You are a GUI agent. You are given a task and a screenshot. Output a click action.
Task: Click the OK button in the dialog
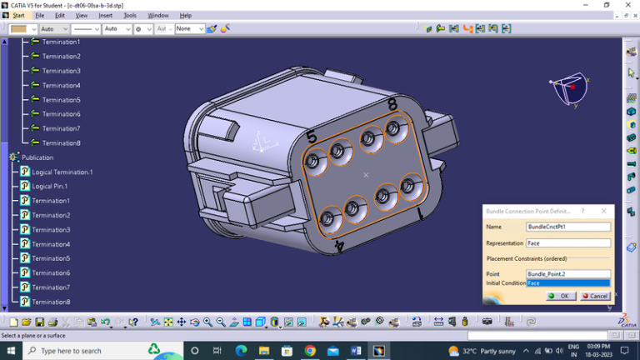559,296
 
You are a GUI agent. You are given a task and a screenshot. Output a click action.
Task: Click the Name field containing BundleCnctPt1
568,227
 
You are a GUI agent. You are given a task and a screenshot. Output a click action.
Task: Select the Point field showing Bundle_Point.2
568,273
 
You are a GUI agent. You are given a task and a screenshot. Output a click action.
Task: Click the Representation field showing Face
568,243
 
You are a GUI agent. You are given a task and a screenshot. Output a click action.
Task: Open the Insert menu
105,15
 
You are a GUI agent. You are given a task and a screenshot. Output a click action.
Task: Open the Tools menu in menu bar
129,15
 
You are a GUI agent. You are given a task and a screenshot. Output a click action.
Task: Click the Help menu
185,15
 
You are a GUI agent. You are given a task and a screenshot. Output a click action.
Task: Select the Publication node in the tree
37,157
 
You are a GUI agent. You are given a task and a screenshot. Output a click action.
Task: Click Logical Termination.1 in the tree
62,172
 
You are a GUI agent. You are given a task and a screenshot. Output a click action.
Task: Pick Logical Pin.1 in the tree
50,186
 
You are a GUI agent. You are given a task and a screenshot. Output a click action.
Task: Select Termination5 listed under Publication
51,258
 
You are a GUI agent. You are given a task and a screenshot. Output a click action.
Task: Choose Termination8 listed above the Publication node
61,143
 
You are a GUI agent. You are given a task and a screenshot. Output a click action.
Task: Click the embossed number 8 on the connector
392,105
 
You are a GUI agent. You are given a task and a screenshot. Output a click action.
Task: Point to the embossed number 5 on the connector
312,137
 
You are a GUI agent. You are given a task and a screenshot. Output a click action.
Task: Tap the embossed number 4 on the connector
339,246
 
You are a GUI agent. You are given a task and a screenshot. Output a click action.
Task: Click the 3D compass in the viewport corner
569,88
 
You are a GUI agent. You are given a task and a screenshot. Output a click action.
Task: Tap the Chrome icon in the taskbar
310,351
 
